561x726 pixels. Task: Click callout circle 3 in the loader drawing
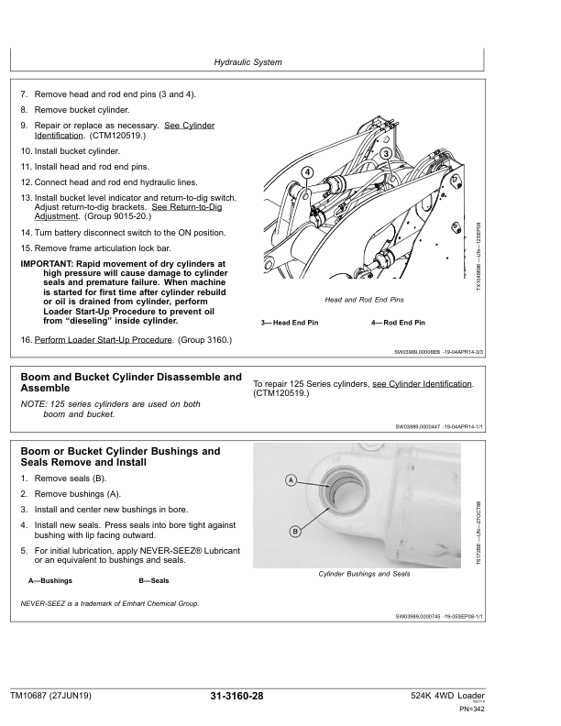(x=386, y=153)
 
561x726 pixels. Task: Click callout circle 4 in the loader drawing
(x=307, y=172)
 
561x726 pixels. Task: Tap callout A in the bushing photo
(x=290, y=480)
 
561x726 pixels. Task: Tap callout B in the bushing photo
(x=295, y=531)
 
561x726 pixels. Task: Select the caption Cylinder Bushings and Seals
(x=364, y=573)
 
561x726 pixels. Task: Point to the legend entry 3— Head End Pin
(x=290, y=323)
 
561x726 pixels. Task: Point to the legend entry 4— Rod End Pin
(x=398, y=323)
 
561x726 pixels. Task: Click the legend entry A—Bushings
(x=51, y=581)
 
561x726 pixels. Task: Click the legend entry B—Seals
(x=154, y=581)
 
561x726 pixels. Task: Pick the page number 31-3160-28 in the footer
(x=237, y=698)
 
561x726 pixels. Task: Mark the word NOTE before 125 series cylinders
(x=33, y=403)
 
